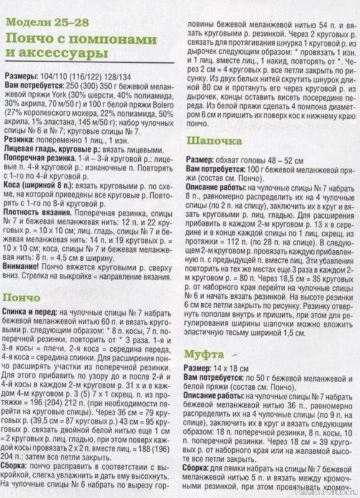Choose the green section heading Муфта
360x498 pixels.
tap(206, 354)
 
